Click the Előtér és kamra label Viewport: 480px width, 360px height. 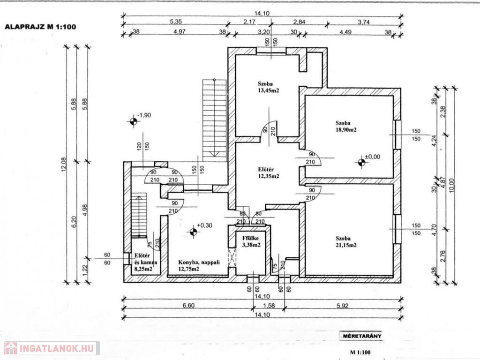pos(146,262)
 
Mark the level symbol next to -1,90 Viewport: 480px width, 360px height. pos(133,122)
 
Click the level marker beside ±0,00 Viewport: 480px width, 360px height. pos(361,162)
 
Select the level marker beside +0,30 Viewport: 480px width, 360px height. pos(192,231)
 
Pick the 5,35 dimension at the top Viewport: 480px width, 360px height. pos(175,22)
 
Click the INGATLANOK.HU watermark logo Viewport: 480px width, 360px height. pos(52,348)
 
